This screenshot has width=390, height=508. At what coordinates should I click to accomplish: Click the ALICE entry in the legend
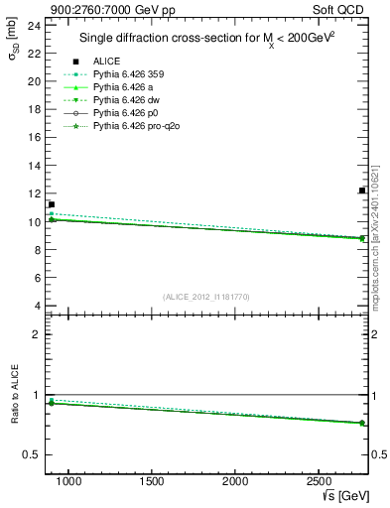coord(106,62)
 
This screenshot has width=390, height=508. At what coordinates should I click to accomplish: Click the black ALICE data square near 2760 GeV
coord(362,190)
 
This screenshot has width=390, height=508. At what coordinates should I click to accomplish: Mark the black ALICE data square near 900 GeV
coord(52,204)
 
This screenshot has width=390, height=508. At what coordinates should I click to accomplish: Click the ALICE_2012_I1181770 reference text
coord(204,296)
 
